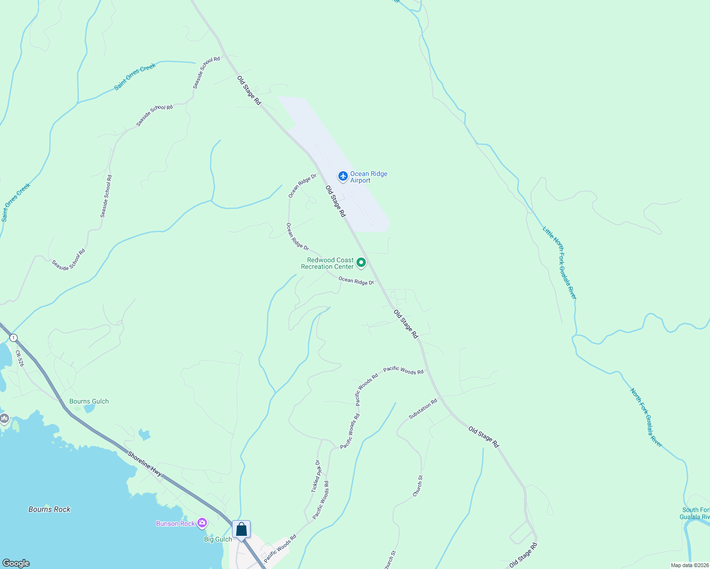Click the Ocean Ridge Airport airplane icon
point(343,176)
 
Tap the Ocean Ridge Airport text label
point(369,177)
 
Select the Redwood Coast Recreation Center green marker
point(361,263)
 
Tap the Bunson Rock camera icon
point(202,523)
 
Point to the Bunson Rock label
point(176,523)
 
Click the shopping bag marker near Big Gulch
point(241,529)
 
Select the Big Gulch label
point(218,539)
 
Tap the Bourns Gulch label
point(89,401)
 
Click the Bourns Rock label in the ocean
point(49,509)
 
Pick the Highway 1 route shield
point(14,338)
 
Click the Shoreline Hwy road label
point(145,464)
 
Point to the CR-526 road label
point(19,358)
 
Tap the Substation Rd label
point(423,409)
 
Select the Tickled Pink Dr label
point(316,476)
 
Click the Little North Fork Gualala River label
point(560,263)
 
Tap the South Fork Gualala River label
point(695,513)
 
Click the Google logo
point(16,563)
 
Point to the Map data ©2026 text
point(690,565)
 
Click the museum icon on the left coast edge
point(5,418)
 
